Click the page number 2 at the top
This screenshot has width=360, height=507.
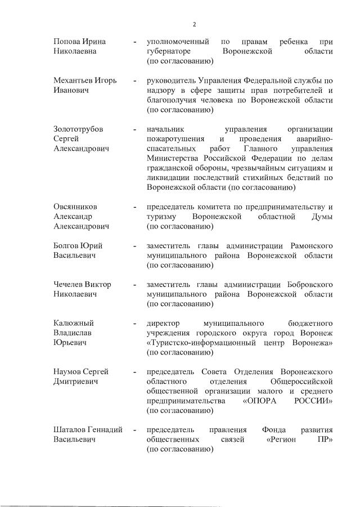pos(194,24)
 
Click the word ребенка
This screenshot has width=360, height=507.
pos(298,42)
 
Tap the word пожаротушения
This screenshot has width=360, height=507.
pos(175,139)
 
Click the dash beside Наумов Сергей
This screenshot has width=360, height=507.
pos(135,372)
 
